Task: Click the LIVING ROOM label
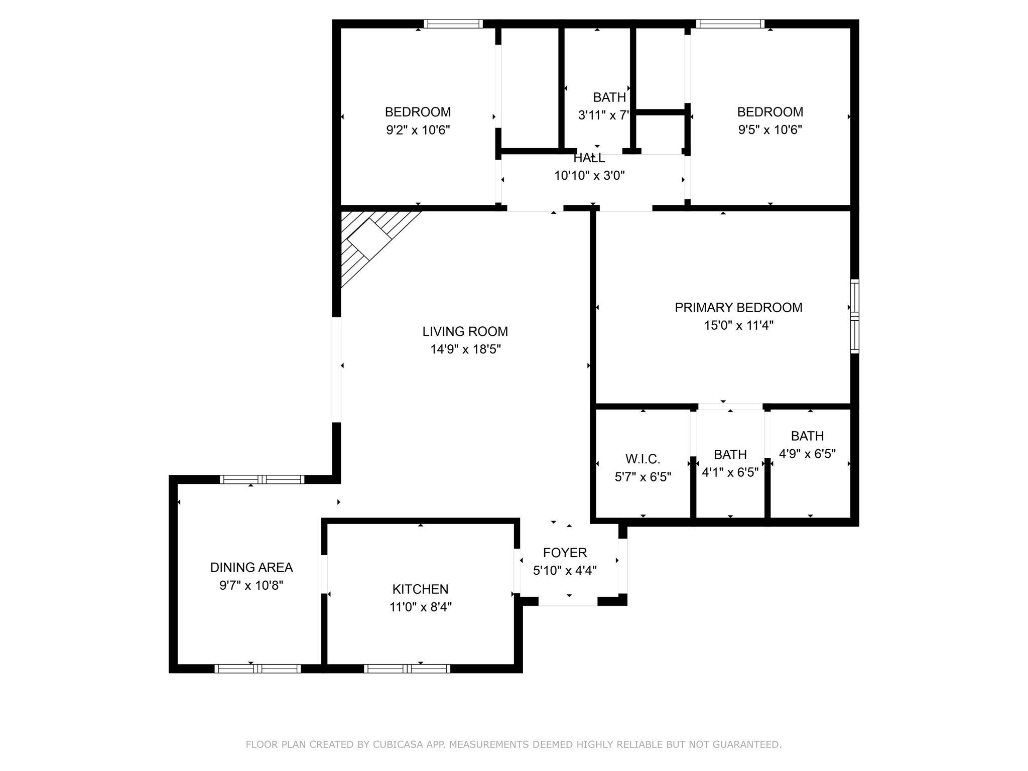465,331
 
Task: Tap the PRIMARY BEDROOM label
738,307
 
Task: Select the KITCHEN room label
420,589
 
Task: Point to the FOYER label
565,553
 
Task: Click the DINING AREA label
251,567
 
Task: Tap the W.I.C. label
642,459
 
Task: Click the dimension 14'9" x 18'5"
465,349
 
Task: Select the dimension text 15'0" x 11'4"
738,325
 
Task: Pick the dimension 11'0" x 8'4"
420,607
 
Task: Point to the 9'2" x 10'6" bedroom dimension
418,130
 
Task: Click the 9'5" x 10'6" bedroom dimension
770,130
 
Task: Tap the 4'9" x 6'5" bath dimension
807,454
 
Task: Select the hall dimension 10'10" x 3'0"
589,176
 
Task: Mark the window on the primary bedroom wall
854,316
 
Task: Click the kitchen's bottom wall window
407,668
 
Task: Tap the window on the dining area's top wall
262,479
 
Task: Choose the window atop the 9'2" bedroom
453,24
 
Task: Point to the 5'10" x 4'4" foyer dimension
565,571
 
